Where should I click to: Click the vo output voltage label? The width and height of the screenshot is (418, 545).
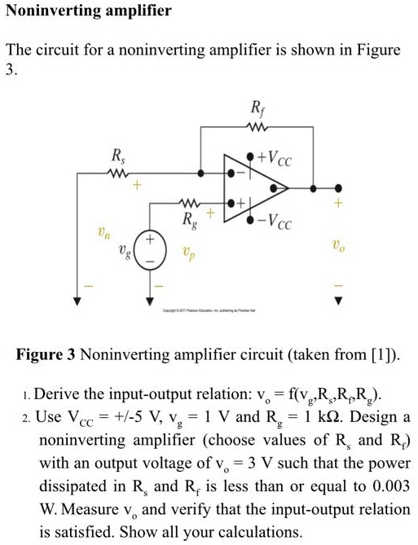pyautogui.click(x=337, y=248)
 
